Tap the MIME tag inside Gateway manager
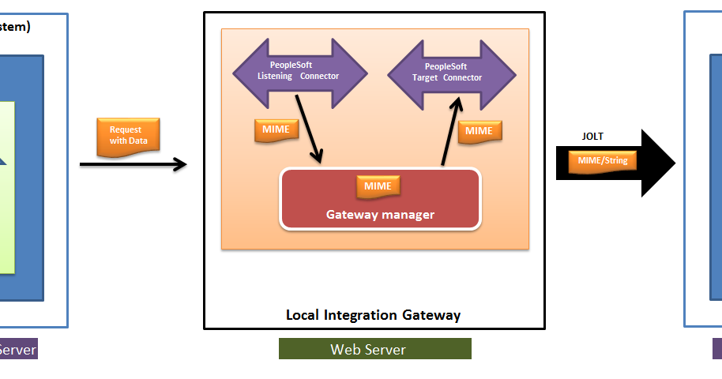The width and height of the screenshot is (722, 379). click(x=378, y=186)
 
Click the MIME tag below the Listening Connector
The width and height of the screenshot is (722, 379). click(x=276, y=130)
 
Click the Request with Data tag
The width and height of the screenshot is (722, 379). click(x=126, y=135)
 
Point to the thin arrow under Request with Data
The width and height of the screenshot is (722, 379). click(x=133, y=164)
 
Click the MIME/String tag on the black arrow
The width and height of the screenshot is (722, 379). click(x=603, y=161)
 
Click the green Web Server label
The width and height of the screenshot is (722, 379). click(x=374, y=349)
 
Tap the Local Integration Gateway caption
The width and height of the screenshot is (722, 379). click(x=373, y=315)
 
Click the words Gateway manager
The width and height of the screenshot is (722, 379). click(x=380, y=214)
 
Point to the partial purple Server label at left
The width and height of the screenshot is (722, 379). click(x=17, y=349)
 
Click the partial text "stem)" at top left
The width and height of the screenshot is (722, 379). click(x=15, y=27)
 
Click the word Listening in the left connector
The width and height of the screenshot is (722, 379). click(x=276, y=77)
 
